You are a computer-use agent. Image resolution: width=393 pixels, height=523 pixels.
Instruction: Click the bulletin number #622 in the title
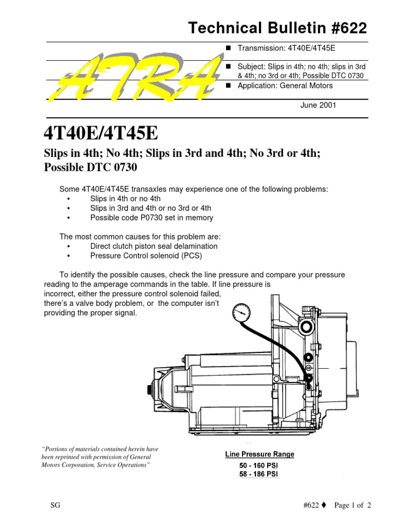349,28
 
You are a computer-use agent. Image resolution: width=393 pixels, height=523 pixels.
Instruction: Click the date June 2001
318,105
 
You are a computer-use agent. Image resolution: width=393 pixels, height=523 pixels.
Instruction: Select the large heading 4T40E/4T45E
101,133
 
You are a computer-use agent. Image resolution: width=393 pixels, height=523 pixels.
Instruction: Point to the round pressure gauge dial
242,313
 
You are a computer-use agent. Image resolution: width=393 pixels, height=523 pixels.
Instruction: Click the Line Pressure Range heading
259,454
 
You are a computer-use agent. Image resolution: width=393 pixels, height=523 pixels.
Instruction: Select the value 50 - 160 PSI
258,465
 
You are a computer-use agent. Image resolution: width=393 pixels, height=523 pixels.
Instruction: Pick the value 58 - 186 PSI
258,474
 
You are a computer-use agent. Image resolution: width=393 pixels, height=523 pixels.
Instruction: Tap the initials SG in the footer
55,505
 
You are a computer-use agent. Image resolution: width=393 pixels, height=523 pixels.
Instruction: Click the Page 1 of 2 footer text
353,505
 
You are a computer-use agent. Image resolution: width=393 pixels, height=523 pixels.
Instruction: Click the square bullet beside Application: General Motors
229,85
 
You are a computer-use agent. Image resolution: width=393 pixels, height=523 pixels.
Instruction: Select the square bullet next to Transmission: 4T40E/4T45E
229,48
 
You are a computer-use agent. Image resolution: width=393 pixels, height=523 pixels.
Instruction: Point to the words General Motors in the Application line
306,85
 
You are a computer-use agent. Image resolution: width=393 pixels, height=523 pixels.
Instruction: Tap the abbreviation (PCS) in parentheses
192,256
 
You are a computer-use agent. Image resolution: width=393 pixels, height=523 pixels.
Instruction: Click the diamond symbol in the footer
324,505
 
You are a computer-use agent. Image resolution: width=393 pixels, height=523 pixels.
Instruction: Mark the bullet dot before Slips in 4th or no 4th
69,199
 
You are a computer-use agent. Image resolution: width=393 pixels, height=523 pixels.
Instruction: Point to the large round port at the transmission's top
306,326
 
